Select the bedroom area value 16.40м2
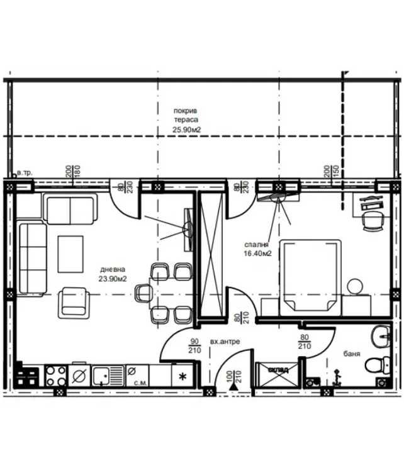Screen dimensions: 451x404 click(x=258, y=253)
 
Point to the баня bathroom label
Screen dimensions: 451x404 click(x=352, y=354)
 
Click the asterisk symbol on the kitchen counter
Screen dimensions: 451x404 click(x=183, y=377)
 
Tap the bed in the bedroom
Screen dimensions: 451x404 click(x=309, y=274)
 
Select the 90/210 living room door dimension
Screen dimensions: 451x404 click(x=194, y=346)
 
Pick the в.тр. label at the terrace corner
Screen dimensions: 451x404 click(x=24, y=172)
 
